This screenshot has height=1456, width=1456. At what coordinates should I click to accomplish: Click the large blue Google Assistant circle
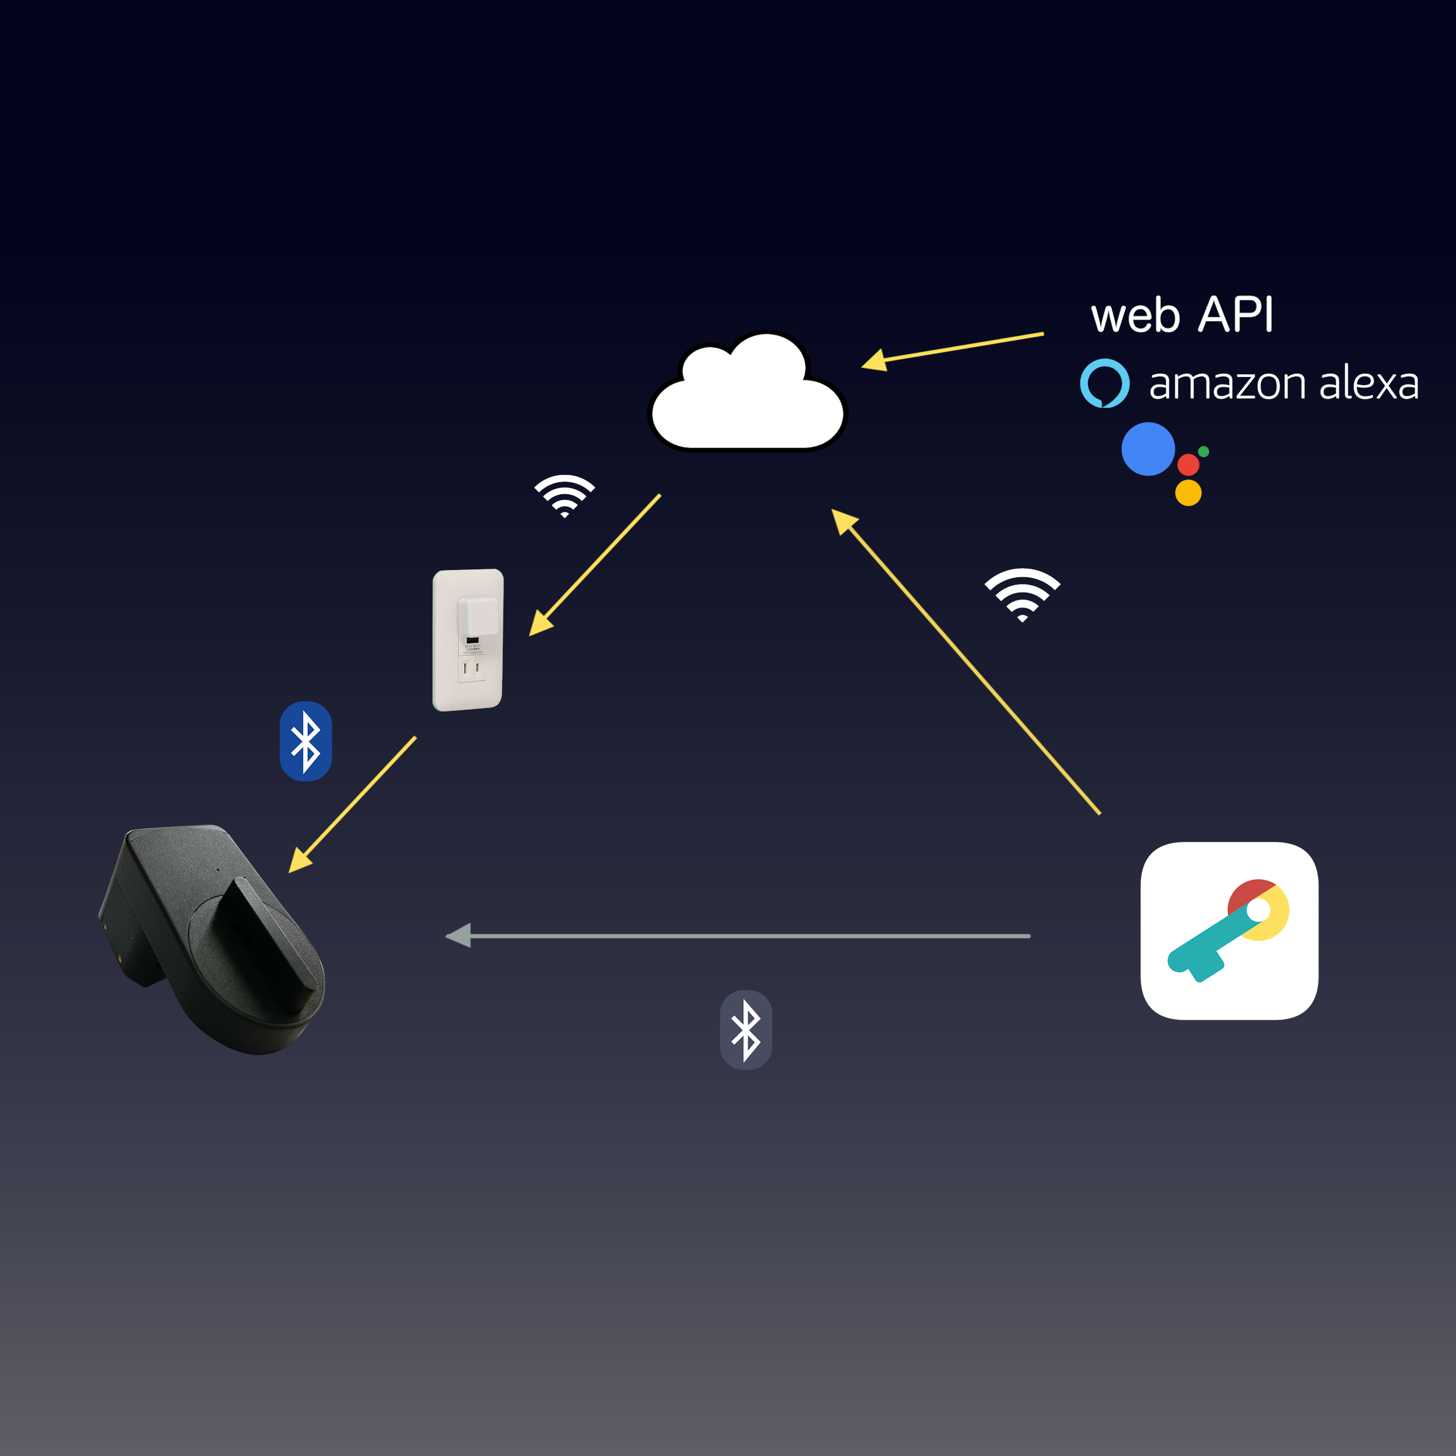(x=1147, y=449)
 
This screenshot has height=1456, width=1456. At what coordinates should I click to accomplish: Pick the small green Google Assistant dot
(x=1203, y=452)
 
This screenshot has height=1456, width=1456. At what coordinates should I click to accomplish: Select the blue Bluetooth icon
(x=305, y=741)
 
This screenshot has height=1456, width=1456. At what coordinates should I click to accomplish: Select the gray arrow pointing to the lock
(x=739, y=936)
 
